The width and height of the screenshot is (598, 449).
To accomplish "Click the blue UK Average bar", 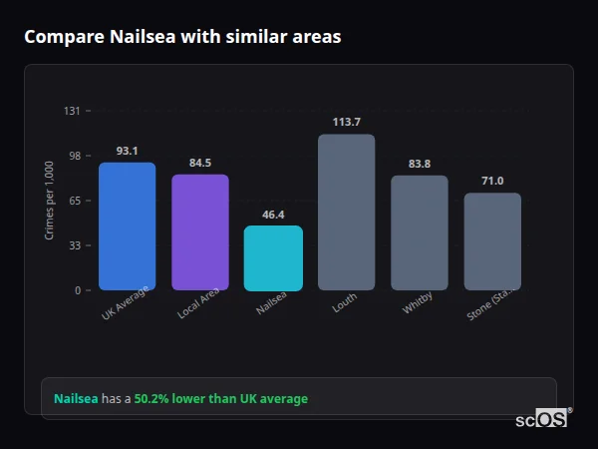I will pos(127,226).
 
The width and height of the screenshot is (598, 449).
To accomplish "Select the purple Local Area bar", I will pos(200,232).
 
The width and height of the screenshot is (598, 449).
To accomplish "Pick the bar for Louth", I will pos(347,212).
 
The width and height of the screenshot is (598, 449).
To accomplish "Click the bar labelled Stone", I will pos(492,241).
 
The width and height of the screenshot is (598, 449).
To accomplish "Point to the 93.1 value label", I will pos(127,151).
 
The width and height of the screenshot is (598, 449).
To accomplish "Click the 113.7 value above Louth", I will pos(347,122).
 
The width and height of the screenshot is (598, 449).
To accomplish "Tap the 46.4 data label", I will pos(273,215).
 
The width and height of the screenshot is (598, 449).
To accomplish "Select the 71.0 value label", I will pos(492,181).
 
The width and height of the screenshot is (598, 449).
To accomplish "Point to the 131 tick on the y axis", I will pos(72,111).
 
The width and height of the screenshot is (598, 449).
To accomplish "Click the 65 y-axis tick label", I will pos(75,201).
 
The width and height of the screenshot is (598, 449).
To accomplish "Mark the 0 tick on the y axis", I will pos(77,290).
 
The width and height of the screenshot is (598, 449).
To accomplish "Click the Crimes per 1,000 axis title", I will pos(49,201).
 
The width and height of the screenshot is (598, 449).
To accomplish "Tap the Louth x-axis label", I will pos(345,303).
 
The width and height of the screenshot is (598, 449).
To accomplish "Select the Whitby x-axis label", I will pos(418,304).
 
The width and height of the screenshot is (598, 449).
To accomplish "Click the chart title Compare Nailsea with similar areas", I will pos(182,37).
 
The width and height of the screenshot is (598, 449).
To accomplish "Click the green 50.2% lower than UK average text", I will pos(221,399).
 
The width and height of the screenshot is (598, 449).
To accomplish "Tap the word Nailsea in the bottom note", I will pos(76,399).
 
